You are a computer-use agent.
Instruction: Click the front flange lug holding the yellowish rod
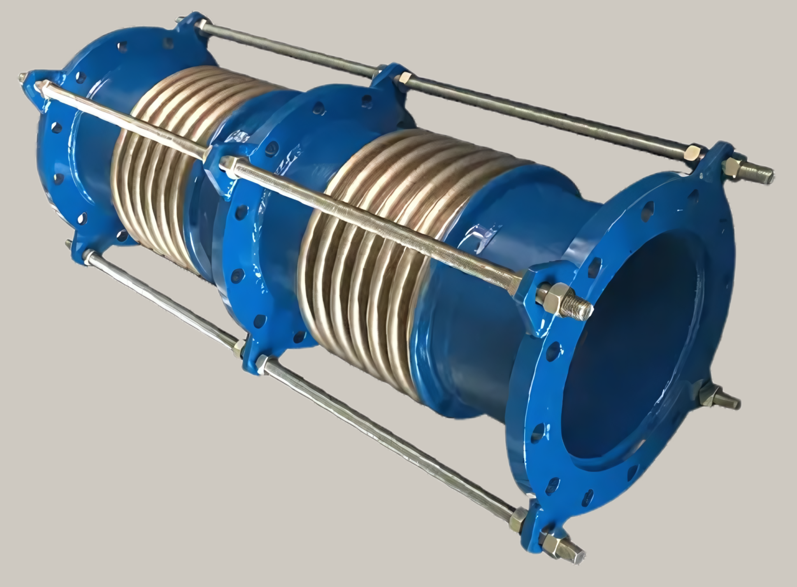pyautogui.click(x=533, y=284)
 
